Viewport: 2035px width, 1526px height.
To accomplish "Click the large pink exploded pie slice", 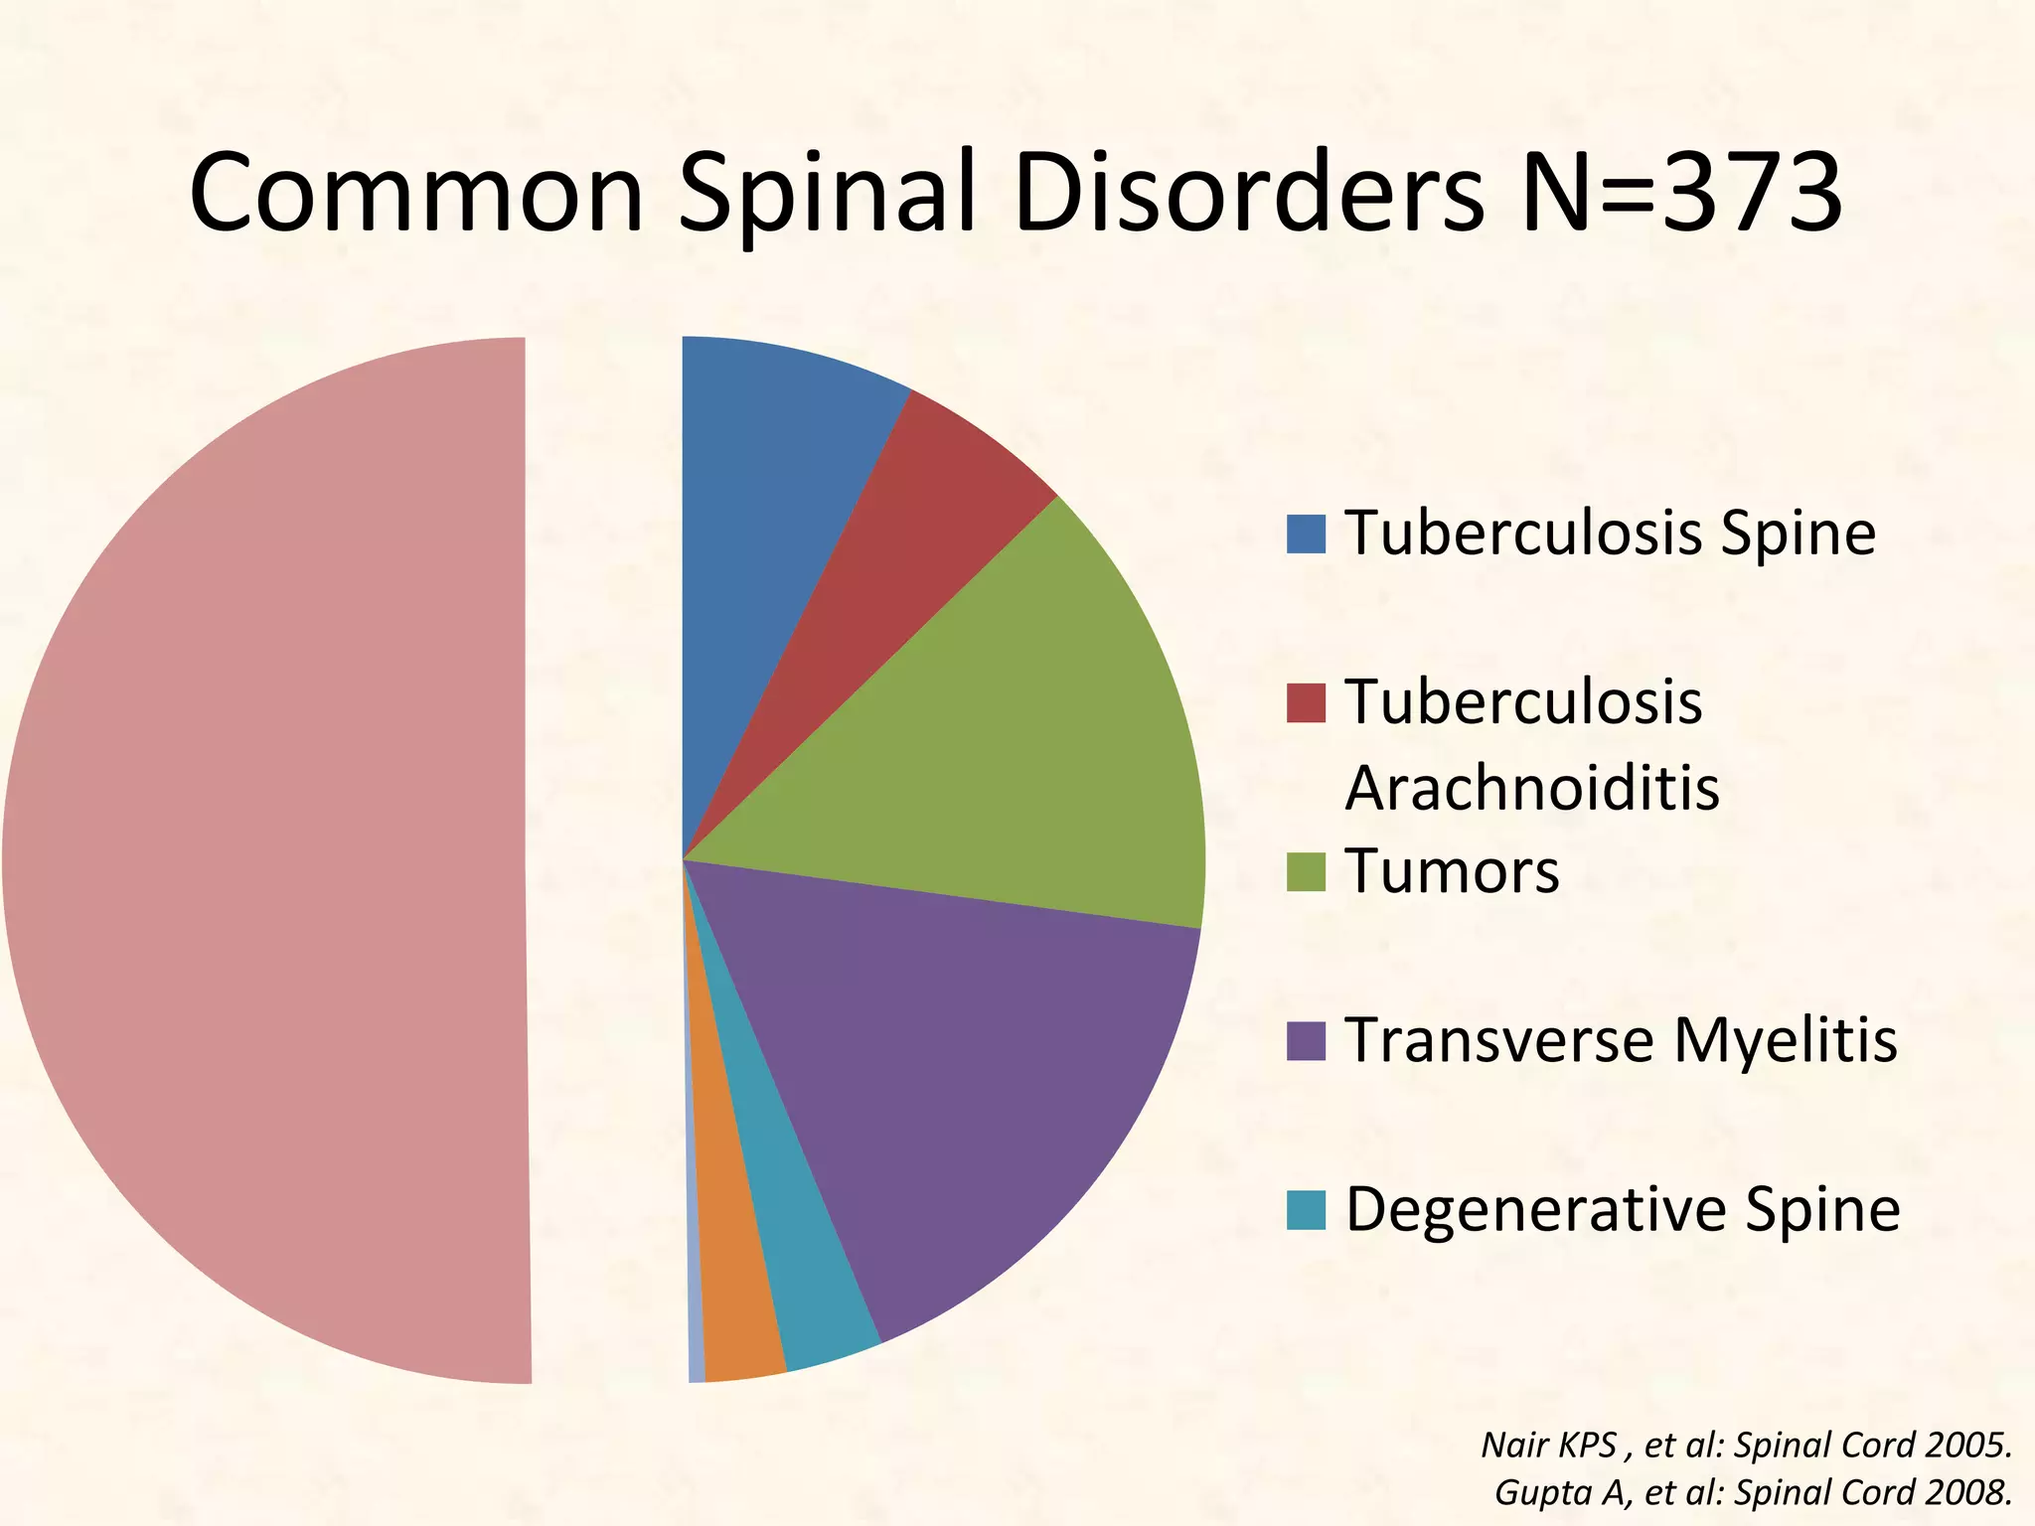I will [x=268, y=860].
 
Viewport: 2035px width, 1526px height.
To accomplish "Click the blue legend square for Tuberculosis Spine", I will [x=1306, y=534].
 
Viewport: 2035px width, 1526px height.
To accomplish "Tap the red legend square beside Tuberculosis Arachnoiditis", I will [x=1306, y=702].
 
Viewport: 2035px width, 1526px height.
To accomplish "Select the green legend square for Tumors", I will [x=1306, y=871].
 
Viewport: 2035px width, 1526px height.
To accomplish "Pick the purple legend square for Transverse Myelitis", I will [x=1306, y=1040].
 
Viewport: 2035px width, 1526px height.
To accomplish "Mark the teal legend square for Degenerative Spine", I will [x=1306, y=1209].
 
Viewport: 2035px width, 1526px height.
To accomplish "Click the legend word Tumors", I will [x=1452, y=871].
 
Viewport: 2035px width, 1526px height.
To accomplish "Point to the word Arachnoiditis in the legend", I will [x=1531, y=788].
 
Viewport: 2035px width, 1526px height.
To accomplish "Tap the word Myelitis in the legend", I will [x=1786, y=1040].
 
